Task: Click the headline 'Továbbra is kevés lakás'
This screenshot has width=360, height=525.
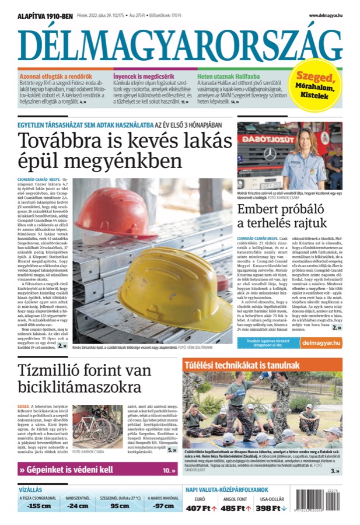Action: tap(125, 142)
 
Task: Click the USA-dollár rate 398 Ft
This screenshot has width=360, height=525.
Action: tap(271, 508)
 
